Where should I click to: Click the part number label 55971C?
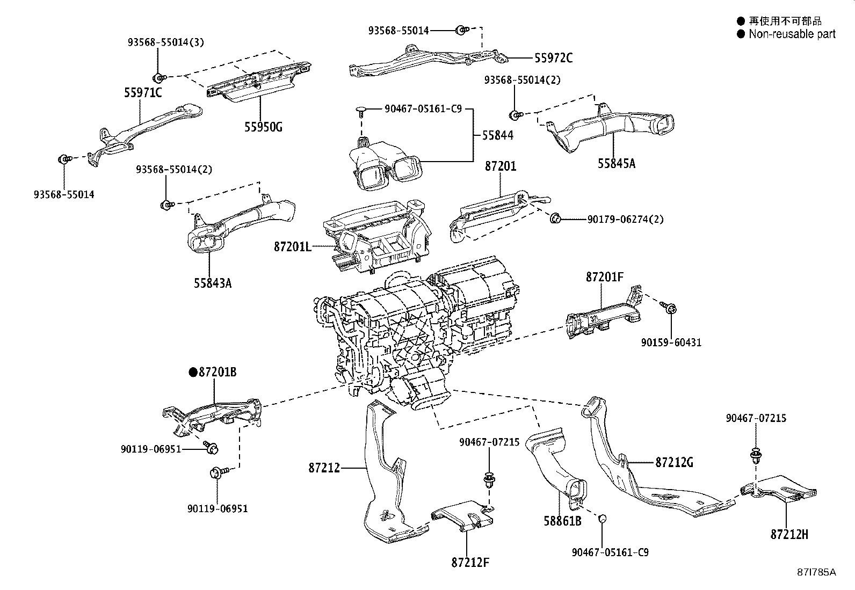coord(143,93)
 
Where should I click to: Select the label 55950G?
coord(263,127)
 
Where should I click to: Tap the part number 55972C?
coord(553,58)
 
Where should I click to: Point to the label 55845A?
coord(617,163)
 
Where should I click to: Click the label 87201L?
coord(292,246)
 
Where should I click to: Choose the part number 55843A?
coord(213,283)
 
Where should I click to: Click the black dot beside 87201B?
coord(193,372)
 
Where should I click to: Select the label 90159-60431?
coord(671,342)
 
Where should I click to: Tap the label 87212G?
coord(674,462)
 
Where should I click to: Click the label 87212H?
coord(789,534)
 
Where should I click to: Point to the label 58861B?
coord(562,521)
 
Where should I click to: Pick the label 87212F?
coord(470,562)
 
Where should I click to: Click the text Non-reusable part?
coord(792,34)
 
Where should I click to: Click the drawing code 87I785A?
coord(816,572)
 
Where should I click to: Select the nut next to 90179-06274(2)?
coord(556,218)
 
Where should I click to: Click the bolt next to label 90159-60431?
coord(670,308)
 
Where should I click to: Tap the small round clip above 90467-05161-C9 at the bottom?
coord(603,519)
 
